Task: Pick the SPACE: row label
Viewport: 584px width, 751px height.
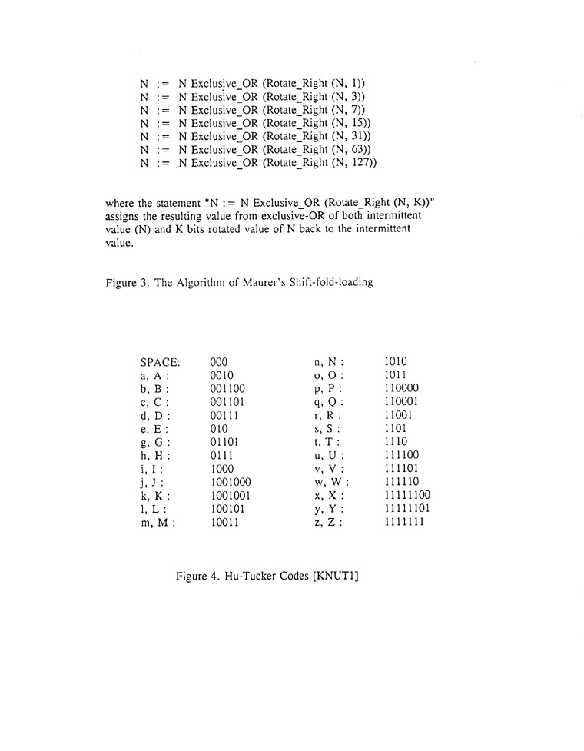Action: [x=160, y=361]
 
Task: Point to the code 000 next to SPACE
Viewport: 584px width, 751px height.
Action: [x=219, y=361]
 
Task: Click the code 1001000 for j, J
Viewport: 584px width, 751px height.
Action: [x=231, y=482]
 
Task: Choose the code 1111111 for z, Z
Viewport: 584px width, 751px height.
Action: [x=403, y=523]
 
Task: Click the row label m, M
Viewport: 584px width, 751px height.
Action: [x=158, y=523]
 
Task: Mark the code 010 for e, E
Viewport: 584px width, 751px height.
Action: [x=219, y=428]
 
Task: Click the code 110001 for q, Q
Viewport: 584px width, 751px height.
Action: [x=400, y=401]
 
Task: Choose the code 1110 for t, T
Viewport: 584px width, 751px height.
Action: [x=395, y=442]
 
